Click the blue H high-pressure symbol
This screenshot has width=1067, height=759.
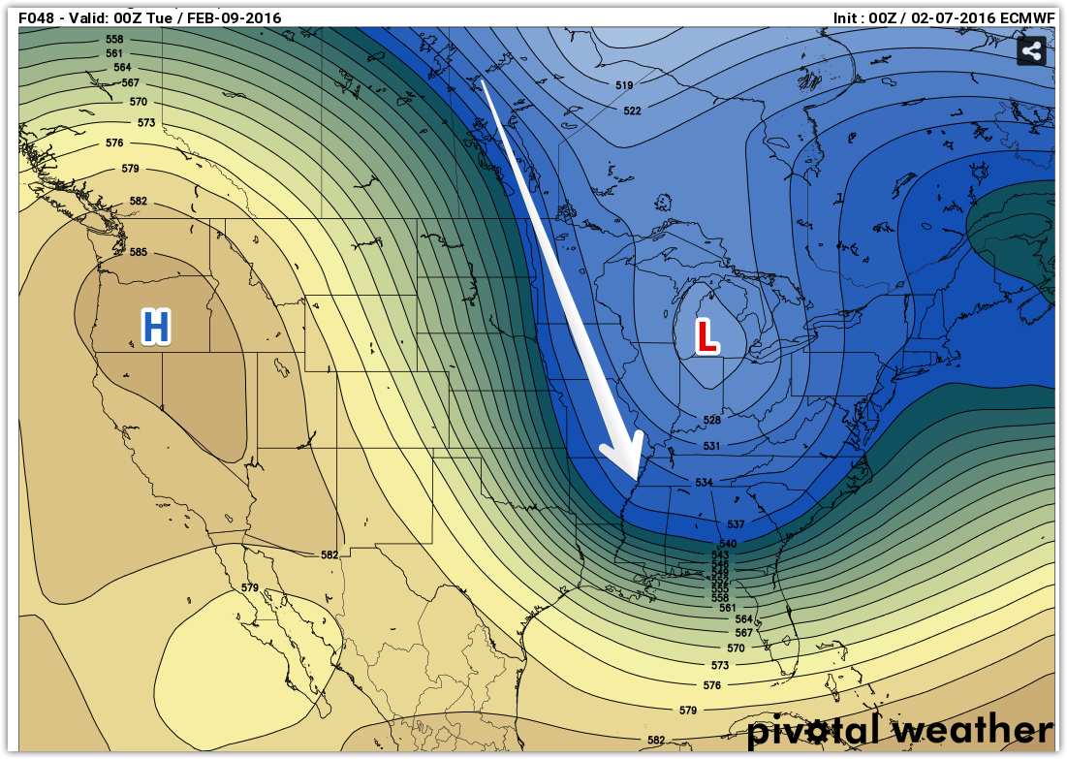pos(156,328)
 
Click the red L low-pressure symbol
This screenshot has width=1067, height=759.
pos(706,336)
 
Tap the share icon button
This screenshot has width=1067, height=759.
pos(1031,51)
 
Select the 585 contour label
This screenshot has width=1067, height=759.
pos(139,253)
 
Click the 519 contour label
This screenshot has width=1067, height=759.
pos(624,86)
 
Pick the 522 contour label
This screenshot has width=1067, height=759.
pos(632,111)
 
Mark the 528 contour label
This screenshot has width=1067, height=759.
pos(712,421)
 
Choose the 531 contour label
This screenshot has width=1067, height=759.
pos(711,446)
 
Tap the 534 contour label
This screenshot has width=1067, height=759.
pos(705,483)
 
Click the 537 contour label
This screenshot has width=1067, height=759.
pos(736,524)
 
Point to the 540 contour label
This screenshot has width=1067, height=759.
pos(728,544)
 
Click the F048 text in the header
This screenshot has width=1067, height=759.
pos(38,17)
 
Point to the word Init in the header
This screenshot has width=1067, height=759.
pos(848,17)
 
